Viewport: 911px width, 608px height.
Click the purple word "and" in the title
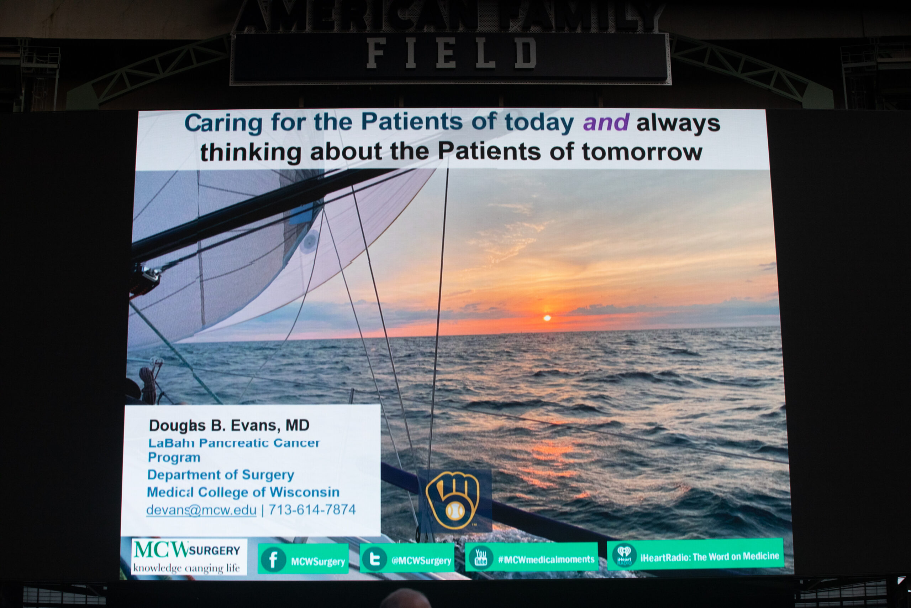click(606, 123)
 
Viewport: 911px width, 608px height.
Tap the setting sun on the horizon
click(547, 318)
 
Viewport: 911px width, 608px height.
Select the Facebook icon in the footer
click(273, 560)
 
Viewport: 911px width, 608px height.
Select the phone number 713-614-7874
click(312, 509)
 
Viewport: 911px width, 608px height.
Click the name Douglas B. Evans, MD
click(229, 425)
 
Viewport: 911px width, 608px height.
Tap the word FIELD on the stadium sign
click(452, 53)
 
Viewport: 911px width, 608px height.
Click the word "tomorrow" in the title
click(642, 152)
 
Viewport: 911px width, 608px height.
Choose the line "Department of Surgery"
click(221, 475)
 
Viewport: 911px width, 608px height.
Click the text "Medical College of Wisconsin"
click(243, 492)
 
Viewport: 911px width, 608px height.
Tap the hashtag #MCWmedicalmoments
click(546, 559)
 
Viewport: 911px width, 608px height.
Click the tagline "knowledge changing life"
click(187, 568)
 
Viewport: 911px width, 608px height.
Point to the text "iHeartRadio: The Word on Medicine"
click(710, 557)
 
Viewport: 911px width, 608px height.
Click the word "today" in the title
click(539, 123)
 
